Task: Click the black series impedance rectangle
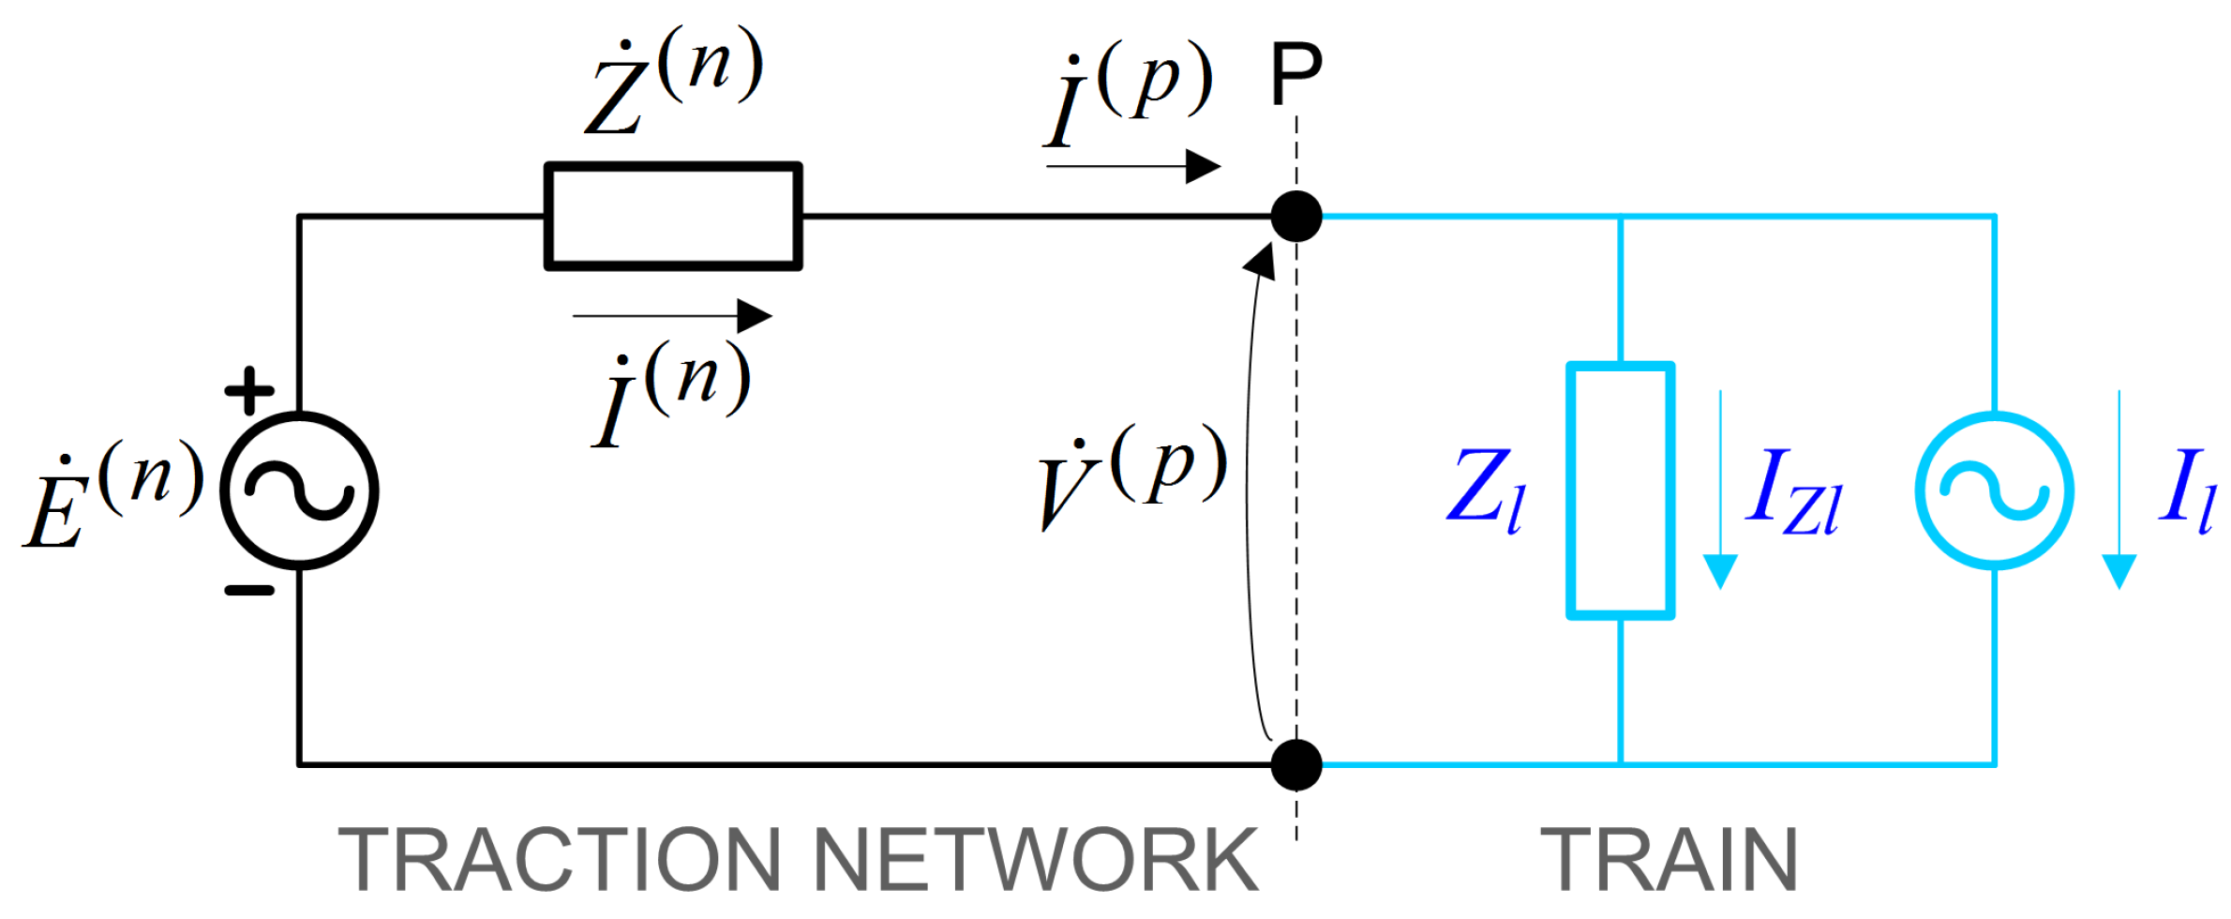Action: [673, 217]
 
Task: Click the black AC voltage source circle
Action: [299, 490]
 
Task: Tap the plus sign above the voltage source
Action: [249, 390]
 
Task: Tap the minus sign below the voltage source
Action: [249, 591]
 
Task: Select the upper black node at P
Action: [1296, 217]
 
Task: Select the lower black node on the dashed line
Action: [1296, 764]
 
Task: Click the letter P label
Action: [1296, 75]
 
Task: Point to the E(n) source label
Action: [112, 492]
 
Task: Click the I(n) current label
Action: [671, 394]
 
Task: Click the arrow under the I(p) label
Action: [1134, 167]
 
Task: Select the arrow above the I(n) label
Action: [673, 316]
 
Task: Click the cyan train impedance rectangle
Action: [1621, 490]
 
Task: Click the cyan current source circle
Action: [1995, 490]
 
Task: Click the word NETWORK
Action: [1036, 861]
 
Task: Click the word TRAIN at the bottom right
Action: [1669, 861]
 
